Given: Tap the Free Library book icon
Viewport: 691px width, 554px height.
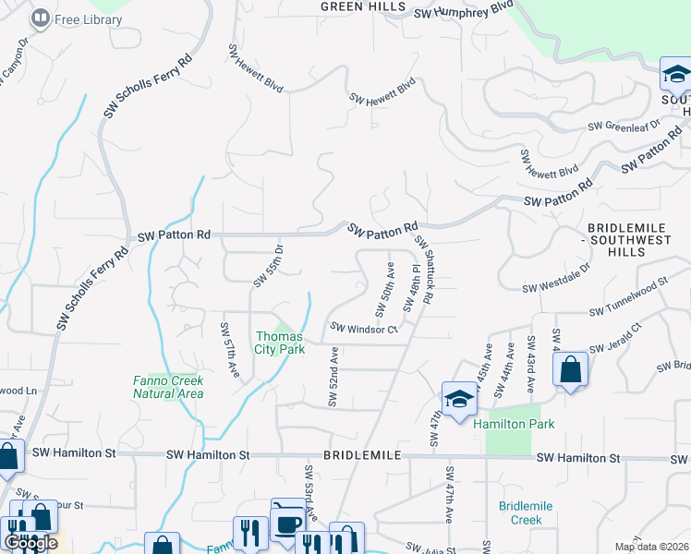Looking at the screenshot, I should click(41, 18).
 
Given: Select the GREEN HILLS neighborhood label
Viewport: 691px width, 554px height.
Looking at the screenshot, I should click(362, 6).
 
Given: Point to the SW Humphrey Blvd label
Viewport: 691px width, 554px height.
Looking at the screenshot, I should click(463, 9).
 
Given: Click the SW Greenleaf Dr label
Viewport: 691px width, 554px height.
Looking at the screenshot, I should click(624, 124).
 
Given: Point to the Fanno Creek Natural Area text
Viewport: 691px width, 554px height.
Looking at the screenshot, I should click(168, 386).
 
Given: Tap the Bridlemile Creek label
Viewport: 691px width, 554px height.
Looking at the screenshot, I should click(524, 512).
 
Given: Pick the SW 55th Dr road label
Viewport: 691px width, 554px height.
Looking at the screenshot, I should click(276, 263).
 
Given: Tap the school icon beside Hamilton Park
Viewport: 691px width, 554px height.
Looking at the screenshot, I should click(459, 400).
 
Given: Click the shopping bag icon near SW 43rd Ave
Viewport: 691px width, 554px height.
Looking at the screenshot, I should click(571, 370).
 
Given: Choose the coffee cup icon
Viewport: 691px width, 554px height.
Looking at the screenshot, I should click(288, 524).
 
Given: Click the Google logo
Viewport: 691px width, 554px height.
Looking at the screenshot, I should click(30, 543).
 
